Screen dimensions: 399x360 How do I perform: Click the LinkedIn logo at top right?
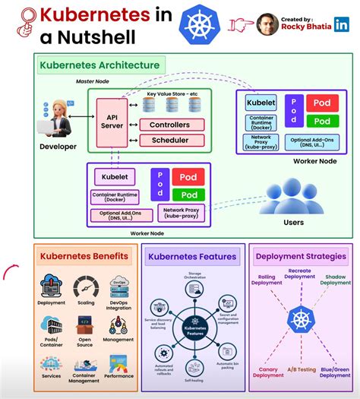(x=342, y=24)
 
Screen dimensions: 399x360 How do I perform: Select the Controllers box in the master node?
(x=169, y=125)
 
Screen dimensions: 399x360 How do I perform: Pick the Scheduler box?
(x=169, y=141)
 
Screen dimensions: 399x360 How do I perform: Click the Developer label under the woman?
(x=58, y=146)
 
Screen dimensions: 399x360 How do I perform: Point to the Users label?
(x=292, y=223)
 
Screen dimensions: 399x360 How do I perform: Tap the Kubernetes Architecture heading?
(x=99, y=65)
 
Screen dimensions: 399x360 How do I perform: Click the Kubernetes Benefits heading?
(x=84, y=257)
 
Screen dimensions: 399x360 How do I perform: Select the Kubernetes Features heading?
(x=193, y=258)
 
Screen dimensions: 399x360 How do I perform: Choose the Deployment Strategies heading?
(x=301, y=257)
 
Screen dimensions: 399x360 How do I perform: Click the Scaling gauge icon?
(x=86, y=287)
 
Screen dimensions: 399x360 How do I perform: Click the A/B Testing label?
(x=301, y=370)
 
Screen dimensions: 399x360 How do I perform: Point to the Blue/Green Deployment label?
(x=335, y=372)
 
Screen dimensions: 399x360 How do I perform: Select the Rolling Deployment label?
(x=267, y=280)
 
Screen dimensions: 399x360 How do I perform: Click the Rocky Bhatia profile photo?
(x=265, y=24)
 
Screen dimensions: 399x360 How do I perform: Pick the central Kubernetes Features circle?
(x=195, y=331)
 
